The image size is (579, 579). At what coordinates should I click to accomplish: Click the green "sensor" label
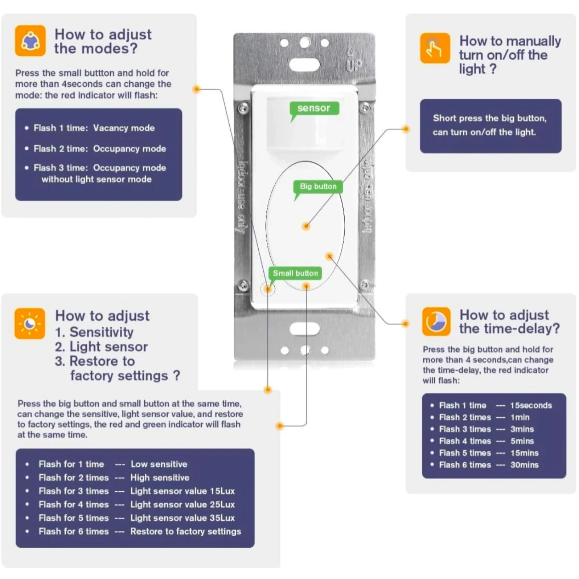coord(314,108)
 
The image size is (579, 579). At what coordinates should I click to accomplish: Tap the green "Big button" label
coord(318,186)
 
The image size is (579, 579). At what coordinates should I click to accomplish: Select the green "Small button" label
coord(295,273)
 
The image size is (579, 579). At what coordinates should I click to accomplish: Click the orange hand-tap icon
coord(435,48)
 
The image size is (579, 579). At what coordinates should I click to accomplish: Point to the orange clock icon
coord(436,322)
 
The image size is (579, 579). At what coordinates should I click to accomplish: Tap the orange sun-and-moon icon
coord(30,324)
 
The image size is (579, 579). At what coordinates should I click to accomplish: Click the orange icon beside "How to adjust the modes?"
coord(30,41)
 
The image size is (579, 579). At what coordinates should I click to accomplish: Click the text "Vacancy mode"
coord(124,128)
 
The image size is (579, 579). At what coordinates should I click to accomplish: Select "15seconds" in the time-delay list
coord(531,405)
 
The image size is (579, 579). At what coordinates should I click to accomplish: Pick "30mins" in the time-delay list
coord(524,465)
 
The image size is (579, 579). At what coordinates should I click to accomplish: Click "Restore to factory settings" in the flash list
coord(186,531)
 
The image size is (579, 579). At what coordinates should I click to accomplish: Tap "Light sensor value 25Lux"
coord(182,505)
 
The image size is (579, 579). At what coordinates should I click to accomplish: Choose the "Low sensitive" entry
coord(159,464)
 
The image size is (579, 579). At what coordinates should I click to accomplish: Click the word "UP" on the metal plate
coord(354,65)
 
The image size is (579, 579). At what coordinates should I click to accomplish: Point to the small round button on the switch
coord(267,289)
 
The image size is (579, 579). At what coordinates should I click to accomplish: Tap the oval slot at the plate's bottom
coord(305,329)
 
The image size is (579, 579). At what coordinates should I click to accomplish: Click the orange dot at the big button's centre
coord(306,226)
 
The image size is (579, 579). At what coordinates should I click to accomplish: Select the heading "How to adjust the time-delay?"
coord(509,322)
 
